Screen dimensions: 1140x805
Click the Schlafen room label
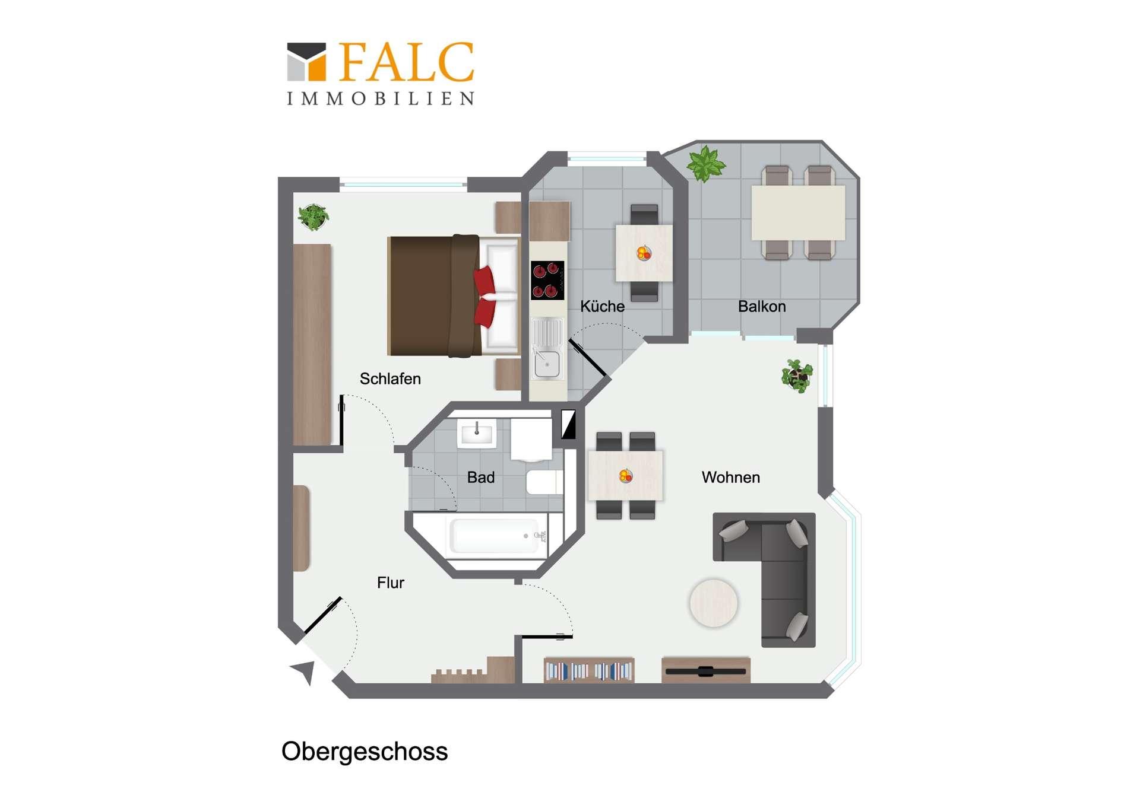[x=390, y=378]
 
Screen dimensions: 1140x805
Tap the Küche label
[x=602, y=306]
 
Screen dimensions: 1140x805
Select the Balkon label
[x=762, y=306]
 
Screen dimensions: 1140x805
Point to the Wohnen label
[x=730, y=477]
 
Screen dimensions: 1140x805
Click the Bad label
[x=480, y=477]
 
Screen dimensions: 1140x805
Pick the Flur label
[x=390, y=583]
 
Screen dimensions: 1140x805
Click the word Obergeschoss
[x=365, y=752]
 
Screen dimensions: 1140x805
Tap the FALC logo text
[x=407, y=62]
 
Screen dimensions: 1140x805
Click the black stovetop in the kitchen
[x=547, y=281]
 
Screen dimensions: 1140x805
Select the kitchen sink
[x=547, y=349]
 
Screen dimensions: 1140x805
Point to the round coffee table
[x=713, y=603]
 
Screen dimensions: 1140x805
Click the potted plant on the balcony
[x=705, y=163]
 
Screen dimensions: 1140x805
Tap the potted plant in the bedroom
[x=313, y=217]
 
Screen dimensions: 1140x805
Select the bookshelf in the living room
[x=589, y=670]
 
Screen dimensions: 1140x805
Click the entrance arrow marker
[x=304, y=672]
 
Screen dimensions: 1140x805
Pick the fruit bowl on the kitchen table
[x=644, y=253]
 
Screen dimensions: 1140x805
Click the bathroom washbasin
[x=476, y=433]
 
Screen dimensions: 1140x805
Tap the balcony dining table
[x=798, y=212]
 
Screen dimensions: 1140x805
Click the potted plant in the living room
[x=797, y=376]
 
